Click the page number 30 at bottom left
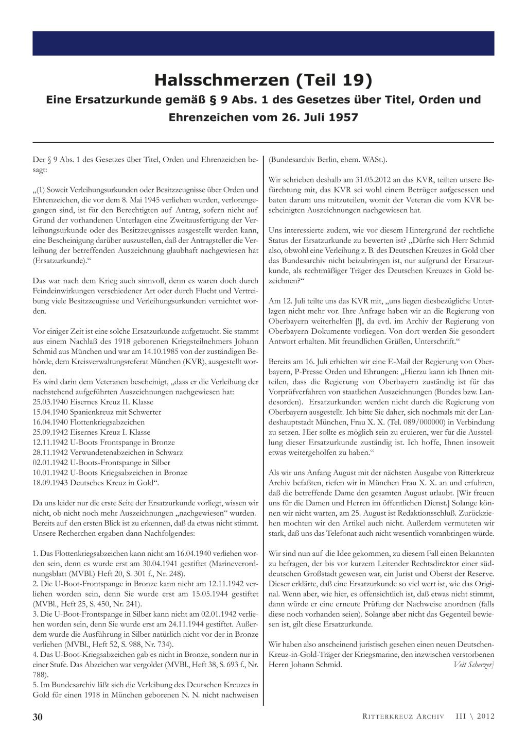38,717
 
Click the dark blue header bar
263,43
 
